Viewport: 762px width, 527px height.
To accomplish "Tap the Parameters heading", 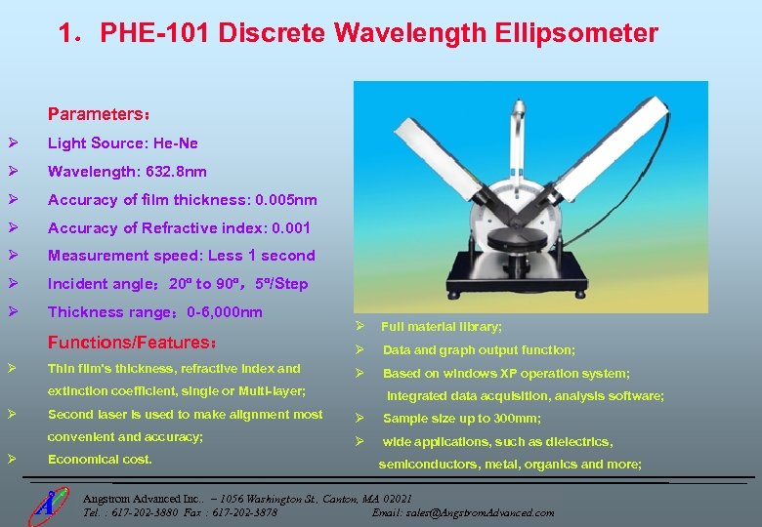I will pos(98,113).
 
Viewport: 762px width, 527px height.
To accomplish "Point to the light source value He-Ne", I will pos(176,143).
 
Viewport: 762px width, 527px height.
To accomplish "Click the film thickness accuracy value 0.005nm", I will pos(284,200).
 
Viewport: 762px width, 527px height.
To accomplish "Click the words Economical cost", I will pos(100,459).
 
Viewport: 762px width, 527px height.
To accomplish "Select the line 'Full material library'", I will pos(442,327).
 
